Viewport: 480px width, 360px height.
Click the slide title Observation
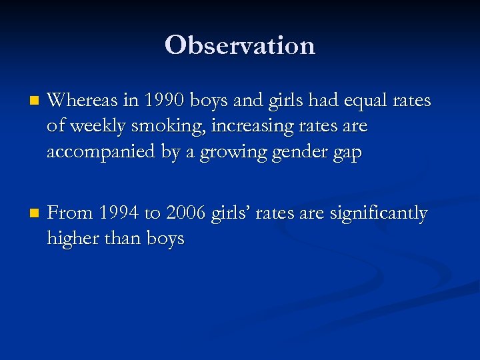coord(240,45)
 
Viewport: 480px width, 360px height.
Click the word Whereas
coord(82,101)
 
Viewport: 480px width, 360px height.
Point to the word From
coord(71,214)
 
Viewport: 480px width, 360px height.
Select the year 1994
coord(119,214)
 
